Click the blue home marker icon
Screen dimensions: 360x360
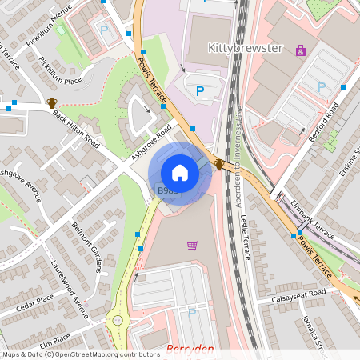pyautogui.click(x=180, y=173)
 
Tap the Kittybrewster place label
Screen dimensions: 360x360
pyautogui.click(x=246, y=48)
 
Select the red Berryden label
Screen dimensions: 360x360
pyautogui.click(x=191, y=350)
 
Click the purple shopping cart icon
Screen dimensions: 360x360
pyautogui.click(x=192, y=245)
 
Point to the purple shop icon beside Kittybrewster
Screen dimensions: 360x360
pyautogui.click(x=300, y=50)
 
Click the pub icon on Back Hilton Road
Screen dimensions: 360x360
pyautogui.click(x=52, y=102)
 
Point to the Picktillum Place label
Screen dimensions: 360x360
pyautogui.click(x=62, y=72)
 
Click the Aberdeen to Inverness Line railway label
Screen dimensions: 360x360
pyautogui.click(x=239, y=169)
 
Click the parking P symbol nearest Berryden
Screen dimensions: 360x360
pyautogui.click(x=191, y=314)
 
